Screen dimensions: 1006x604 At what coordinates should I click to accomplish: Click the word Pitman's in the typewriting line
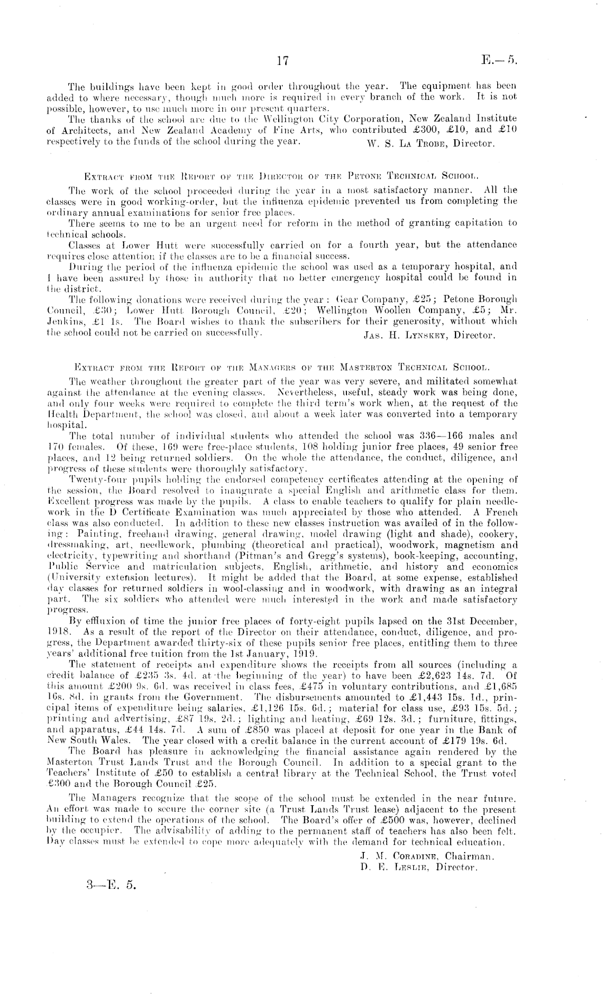pyautogui.click(x=234, y=556)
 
